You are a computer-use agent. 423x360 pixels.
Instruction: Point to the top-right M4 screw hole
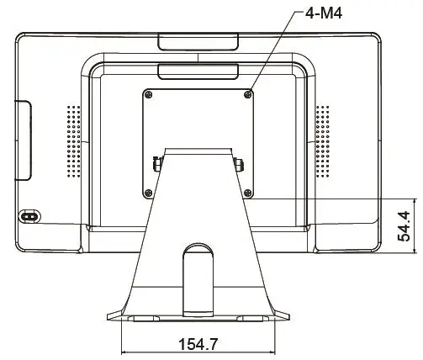247,93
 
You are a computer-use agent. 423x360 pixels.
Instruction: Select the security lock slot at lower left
29,216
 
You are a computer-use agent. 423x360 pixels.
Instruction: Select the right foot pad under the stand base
250,319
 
